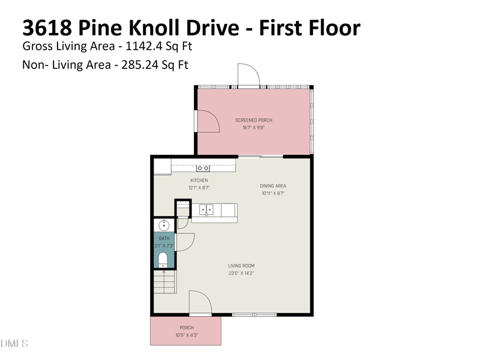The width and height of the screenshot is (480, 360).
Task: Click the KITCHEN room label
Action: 199,181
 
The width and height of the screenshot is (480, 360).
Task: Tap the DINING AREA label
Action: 272,186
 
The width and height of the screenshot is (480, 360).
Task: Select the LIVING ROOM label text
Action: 241,266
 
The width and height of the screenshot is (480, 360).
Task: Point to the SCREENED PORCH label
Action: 253,121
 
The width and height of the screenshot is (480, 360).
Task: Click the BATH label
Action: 164,239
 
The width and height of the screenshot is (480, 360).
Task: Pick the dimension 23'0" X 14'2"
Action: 241,274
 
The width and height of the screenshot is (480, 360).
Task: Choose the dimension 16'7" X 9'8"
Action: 253,128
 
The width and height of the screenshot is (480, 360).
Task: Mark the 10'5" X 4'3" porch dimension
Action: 187,335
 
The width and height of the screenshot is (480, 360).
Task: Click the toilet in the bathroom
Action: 163,259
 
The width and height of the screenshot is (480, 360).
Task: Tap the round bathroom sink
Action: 163,226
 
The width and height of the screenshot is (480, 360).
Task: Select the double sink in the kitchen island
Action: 206,210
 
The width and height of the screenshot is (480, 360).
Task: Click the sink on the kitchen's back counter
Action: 203,168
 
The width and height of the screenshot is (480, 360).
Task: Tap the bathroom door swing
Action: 186,242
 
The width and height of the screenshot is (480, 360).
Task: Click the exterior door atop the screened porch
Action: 248,75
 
